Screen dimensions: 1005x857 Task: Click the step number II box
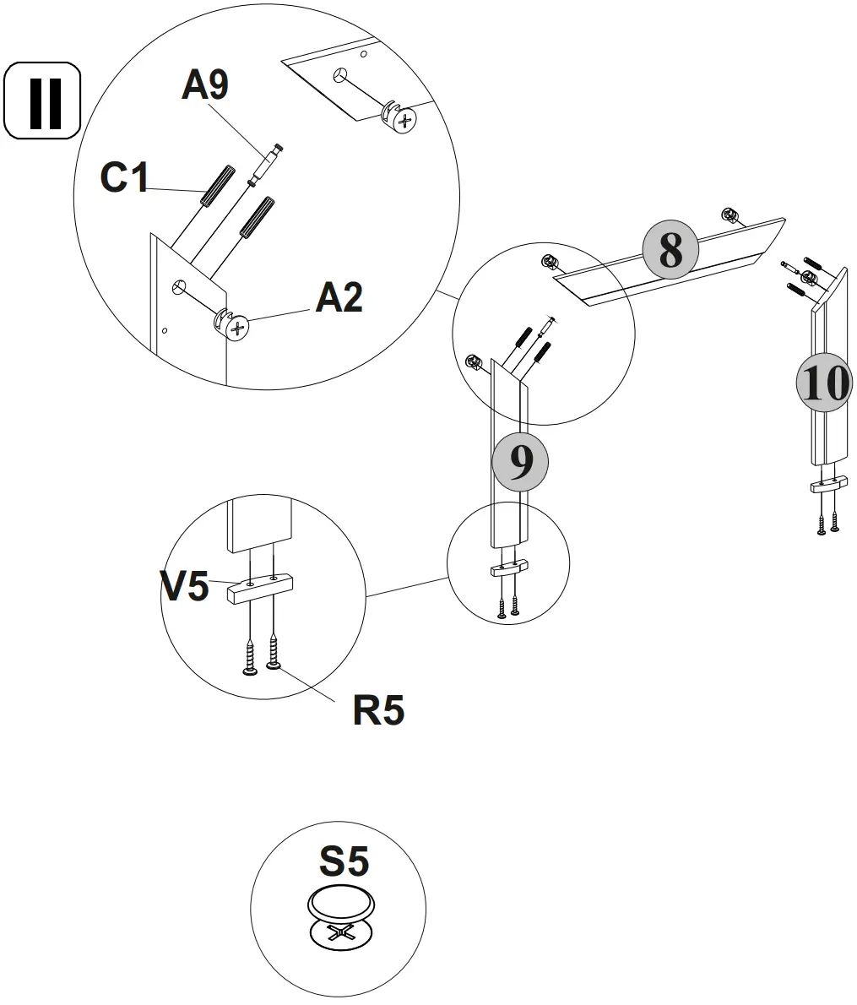[x=42, y=101]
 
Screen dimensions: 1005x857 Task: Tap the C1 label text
[x=124, y=177]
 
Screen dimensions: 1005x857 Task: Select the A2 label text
[x=339, y=298]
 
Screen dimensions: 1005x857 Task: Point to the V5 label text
[x=185, y=586]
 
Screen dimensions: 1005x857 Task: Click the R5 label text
[x=378, y=711]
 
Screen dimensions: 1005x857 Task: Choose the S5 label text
[x=344, y=861]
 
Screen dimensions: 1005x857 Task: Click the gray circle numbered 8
[x=670, y=250]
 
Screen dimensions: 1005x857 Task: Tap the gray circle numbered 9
[x=521, y=462]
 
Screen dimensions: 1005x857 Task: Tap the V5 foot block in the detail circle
[x=259, y=588]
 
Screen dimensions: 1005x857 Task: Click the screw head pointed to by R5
[x=274, y=666]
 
